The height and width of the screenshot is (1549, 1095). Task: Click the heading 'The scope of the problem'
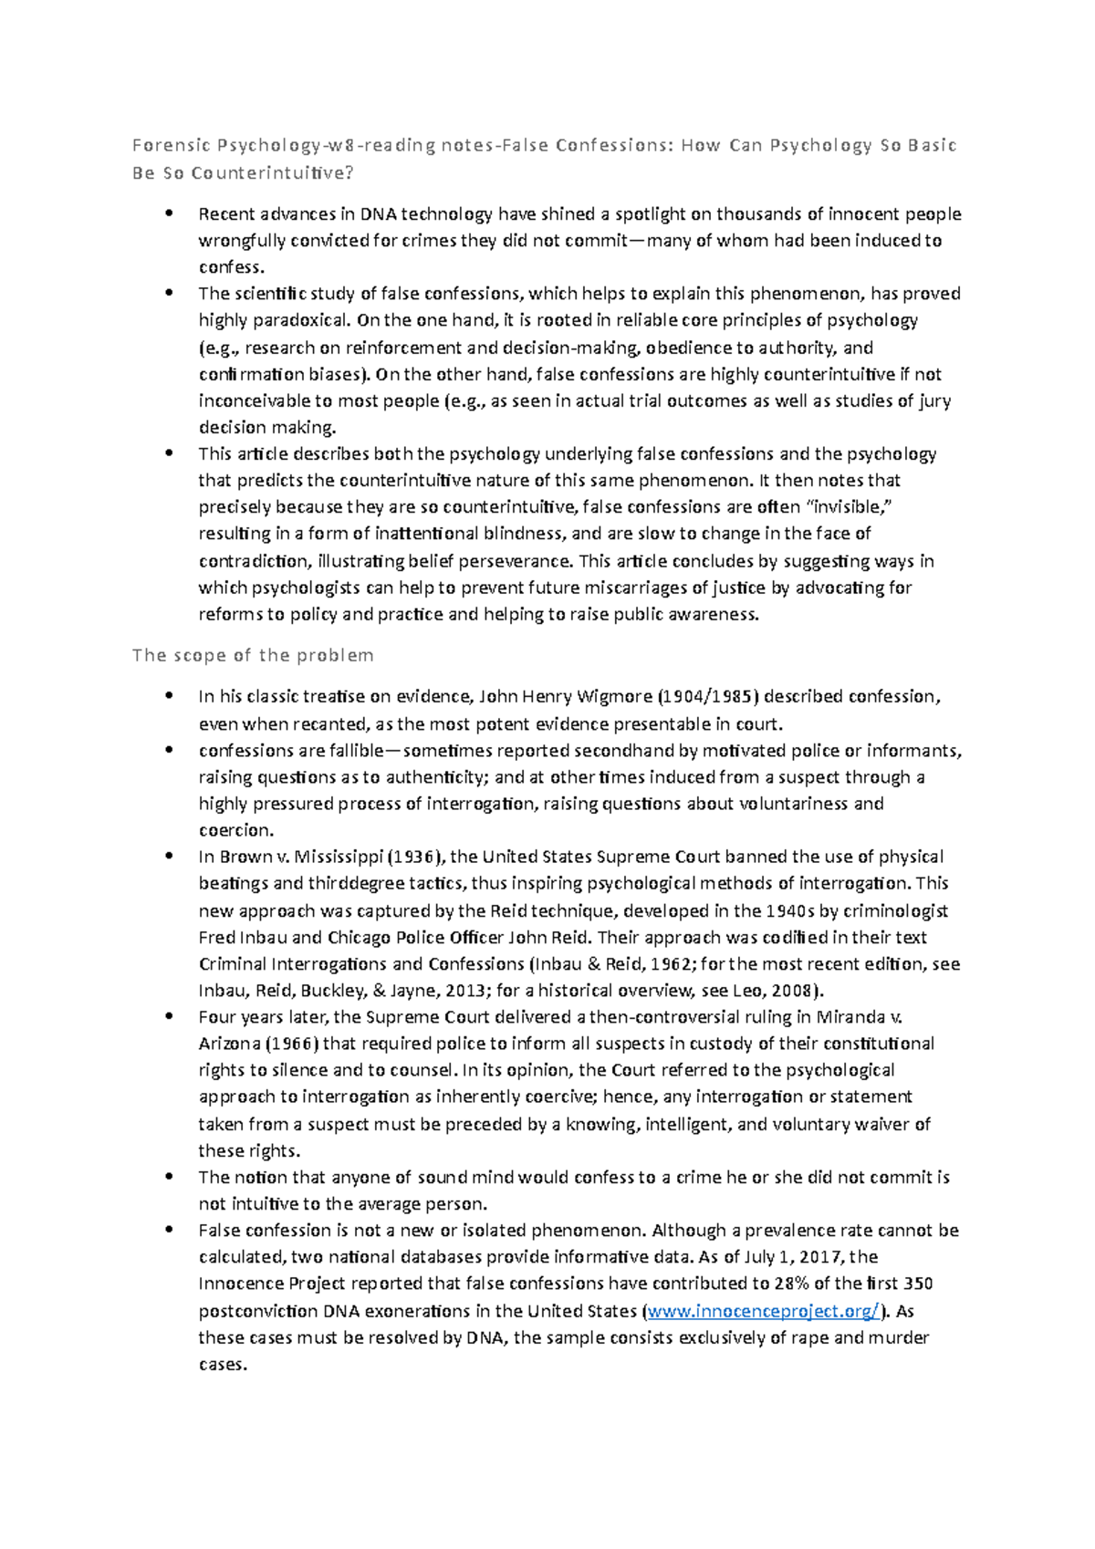pyautogui.click(x=253, y=655)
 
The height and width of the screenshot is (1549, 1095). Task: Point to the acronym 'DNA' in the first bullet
pyautogui.click(x=379, y=214)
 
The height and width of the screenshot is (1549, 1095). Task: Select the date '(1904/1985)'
pyautogui.click(x=708, y=697)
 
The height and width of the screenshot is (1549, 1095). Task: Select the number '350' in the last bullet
pyautogui.click(x=918, y=1284)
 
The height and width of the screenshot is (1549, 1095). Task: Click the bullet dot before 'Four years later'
pyautogui.click(x=168, y=1016)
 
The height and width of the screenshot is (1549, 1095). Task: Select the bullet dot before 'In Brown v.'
pyautogui.click(x=168, y=856)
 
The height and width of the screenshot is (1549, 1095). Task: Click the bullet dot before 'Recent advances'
pyautogui.click(x=168, y=213)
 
